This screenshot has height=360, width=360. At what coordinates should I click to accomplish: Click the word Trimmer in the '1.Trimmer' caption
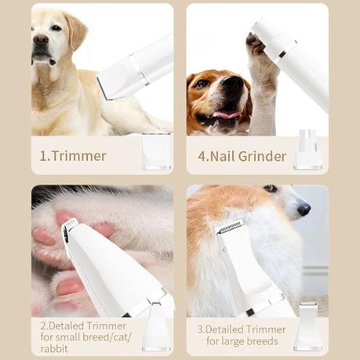pyautogui.click(x=78, y=156)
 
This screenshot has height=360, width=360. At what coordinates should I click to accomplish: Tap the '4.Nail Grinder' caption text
pyautogui.click(x=242, y=156)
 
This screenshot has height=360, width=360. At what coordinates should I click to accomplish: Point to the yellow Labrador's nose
pyautogui.click(x=40, y=39)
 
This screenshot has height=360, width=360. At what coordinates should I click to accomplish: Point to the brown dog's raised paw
pyautogui.click(x=260, y=51)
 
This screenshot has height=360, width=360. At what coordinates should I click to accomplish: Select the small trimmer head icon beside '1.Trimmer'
pyautogui.click(x=156, y=150)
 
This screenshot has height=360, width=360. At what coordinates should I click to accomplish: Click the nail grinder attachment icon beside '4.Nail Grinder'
pyautogui.click(x=307, y=151)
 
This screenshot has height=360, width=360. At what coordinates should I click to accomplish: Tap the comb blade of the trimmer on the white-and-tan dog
pyautogui.click(x=231, y=227)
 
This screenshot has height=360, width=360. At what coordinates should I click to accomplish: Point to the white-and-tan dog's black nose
pyautogui.click(x=304, y=209)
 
